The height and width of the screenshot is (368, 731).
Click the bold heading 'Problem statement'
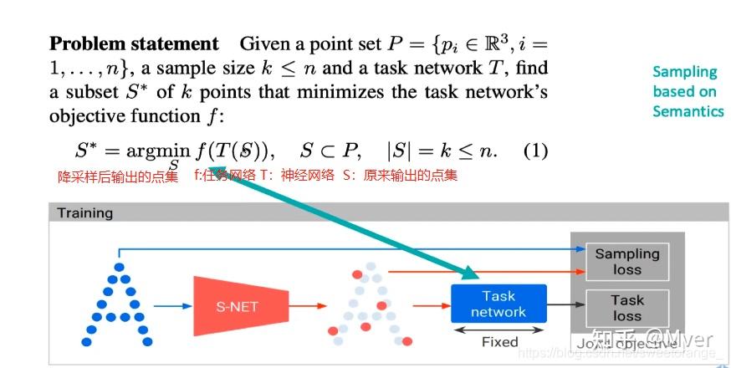[x=133, y=44]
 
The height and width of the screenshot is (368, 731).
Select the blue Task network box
[x=498, y=304]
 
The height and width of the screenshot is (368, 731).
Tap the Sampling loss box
[x=626, y=261]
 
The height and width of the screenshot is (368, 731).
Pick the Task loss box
[x=626, y=307]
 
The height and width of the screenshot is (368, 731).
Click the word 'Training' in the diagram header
[x=85, y=213]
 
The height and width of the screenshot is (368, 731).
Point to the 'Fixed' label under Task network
[x=499, y=341]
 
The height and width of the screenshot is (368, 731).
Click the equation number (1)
[x=535, y=151]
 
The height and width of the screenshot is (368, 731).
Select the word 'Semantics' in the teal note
[x=688, y=111]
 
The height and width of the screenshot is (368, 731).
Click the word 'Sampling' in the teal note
[x=685, y=72]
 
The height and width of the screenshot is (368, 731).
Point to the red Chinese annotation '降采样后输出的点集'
[x=117, y=176]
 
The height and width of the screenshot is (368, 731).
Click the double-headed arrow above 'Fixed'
[x=498, y=329]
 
